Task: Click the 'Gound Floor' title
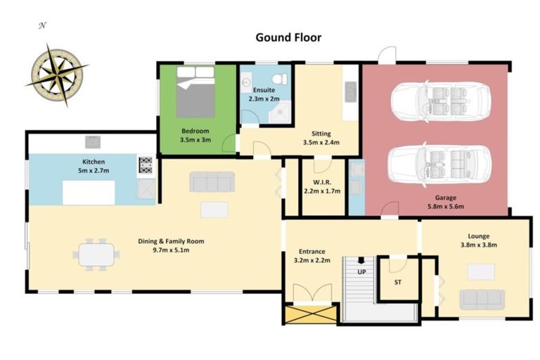tap(288, 37)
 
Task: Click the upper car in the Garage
tap(439, 102)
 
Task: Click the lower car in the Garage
tap(439, 164)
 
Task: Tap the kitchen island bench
tap(89, 192)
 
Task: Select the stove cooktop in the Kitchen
tap(146, 165)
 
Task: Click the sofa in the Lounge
tap(482, 300)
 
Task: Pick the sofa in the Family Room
tap(212, 182)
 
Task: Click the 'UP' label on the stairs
tap(362, 271)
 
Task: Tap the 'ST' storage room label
tap(398, 283)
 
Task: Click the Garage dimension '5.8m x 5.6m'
tap(446, 207)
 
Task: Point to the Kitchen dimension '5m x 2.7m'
tap(93, 171)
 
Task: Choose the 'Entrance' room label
tap(311, 251)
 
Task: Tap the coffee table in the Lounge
tap(481, 271)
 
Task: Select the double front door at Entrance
tap(310, 294)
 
